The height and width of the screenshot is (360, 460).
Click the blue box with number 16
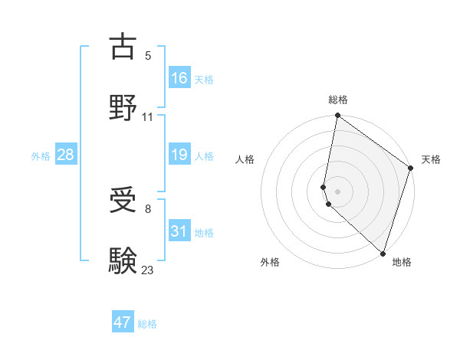click(x=179, y=78)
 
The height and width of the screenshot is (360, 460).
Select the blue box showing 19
click(x=179, y=155)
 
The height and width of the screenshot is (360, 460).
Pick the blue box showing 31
click(x=179, y=231)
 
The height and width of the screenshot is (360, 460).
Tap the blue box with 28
click(x=66, y=155)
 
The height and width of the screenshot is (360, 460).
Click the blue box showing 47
click(x=123, y=322)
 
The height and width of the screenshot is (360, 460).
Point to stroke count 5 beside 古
click(x=148, y=55)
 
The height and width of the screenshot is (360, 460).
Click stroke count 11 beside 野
click(x=148, y=116)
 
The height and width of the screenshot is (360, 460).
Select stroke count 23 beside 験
click(x=148, y=269)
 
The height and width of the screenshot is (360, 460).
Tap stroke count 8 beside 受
click(x=148, y=208)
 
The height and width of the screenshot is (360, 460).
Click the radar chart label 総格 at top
click(x=338, y=100)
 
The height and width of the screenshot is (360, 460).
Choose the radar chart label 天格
click(x=431, y=160)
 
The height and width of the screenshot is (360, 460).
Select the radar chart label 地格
click(x=402, y=263)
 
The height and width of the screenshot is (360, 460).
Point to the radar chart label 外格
click(x=270, y=263)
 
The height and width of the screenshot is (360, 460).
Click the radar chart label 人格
click(x=245, y=160)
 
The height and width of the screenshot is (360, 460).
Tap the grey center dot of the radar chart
click(x=338, y=191)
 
